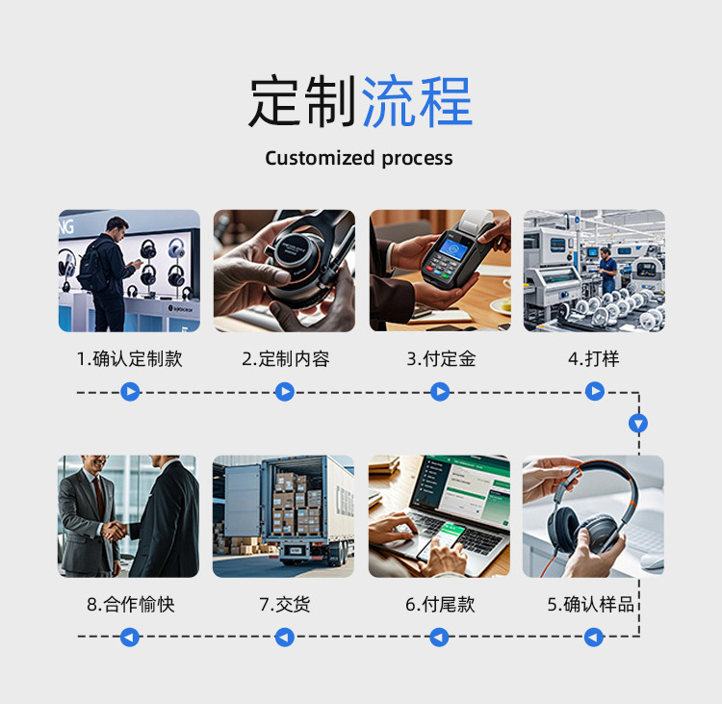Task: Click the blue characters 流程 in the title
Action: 417,102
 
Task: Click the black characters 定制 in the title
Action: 303,102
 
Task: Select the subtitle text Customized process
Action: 359,158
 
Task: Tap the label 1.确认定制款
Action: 129,359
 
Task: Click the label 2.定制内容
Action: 285,359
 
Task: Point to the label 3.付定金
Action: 441,359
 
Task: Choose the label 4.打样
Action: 594,359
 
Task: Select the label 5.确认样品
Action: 591,605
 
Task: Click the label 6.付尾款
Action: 440,605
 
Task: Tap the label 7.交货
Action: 284,605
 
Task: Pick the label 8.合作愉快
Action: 130,605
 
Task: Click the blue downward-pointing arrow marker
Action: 638,423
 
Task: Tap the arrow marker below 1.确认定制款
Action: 130,392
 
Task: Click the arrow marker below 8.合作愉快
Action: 130,637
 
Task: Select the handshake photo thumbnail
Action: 129,516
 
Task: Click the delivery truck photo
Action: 284,516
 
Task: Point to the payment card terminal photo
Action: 440,271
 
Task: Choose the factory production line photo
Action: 594,271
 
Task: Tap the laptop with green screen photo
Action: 440,516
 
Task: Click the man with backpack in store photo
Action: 129,271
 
